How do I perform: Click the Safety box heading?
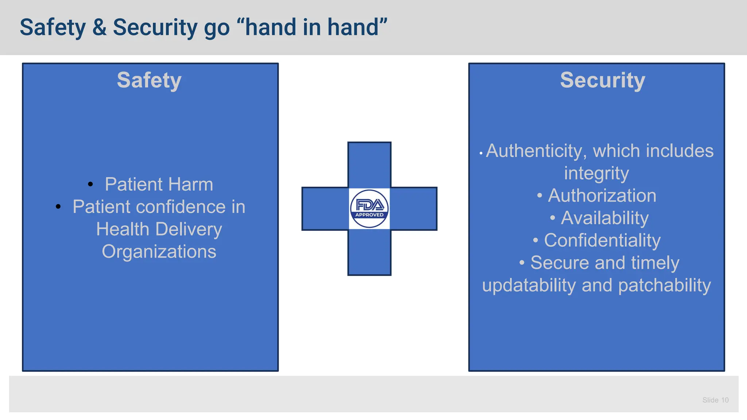tap(149, 81)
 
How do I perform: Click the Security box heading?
tap(603, 81)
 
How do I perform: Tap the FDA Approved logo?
tap(369, 209)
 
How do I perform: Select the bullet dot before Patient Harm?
tap(90, 184)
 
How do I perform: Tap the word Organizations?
tap(159, 252)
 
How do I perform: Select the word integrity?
tap(596, 174)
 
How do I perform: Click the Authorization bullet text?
tap(602, 196)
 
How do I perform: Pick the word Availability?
tap(604, 218)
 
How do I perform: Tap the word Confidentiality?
tap(602, 241)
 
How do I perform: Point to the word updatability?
tap(529, 285)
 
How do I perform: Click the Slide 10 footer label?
tap(715, 400)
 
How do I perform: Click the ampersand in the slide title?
tap(99, 28)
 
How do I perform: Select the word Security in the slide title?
tap(155, 28)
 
